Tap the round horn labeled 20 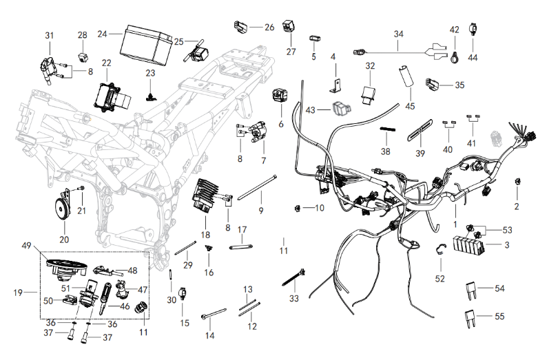pyautogui.click(x=64, y=208)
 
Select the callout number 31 pyautogui.click(x=49, y=35)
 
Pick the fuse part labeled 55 pyautogui.click(x=471, y=318)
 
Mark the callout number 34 pyautogui.click(x=399, y=33)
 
